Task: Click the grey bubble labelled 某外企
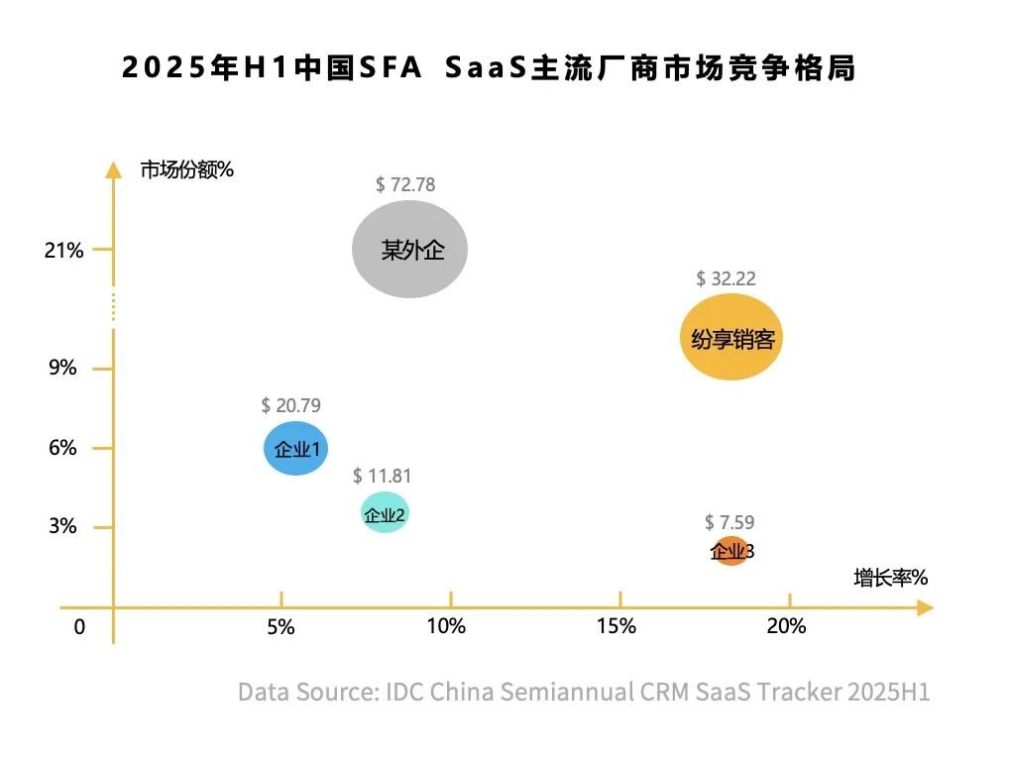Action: (x=409, y=249)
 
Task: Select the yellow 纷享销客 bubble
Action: (x=731, y=339)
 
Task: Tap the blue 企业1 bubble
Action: (x=295, y=449)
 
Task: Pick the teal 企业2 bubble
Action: (x=385, y=513)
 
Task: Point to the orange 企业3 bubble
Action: (x=730, y=551)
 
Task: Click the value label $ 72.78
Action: (x=405, y=184)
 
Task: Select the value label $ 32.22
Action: (x=726, y=278)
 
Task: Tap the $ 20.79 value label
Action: (x=290, y=405)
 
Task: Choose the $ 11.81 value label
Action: (x=382, y=476)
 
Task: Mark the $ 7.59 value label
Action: (x=729, y=522)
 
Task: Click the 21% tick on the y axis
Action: (x=63, y=250)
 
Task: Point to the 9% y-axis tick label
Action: (x=62, y=369)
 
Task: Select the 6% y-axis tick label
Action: (x=62, y=448)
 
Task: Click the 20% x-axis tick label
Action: (x=786, y=626)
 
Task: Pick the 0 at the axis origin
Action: (x=79, y=627)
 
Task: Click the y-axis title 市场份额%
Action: (x=186, y=169)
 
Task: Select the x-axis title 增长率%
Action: (x=890, y=578)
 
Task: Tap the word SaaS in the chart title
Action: (x=485, y=69)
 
